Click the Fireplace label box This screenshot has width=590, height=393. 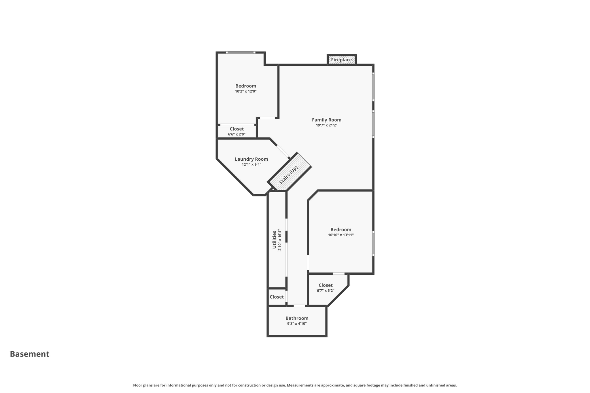(342, 60)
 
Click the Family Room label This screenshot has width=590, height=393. (326, 120)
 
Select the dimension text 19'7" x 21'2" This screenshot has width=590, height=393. (326, 125)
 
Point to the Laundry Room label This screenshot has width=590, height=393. (251, 159)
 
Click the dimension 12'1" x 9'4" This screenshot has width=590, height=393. (251, 164)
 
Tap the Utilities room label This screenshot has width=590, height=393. (274, 240)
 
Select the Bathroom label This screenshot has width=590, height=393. (297, 318)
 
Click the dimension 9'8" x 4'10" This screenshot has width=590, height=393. (297, 324)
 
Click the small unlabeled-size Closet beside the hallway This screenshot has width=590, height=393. (277, 297)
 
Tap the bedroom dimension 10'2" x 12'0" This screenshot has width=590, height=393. (245, 91)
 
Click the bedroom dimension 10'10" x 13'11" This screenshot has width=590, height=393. (341, 235)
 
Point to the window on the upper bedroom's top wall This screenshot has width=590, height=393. (241, 52)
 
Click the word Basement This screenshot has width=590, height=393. (29, 354)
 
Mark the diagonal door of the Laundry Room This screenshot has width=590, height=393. (283, 151)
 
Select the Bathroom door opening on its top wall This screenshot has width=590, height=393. (299, 306)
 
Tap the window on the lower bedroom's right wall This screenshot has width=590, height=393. (373, 243)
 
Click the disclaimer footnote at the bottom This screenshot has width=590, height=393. (295, 385)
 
